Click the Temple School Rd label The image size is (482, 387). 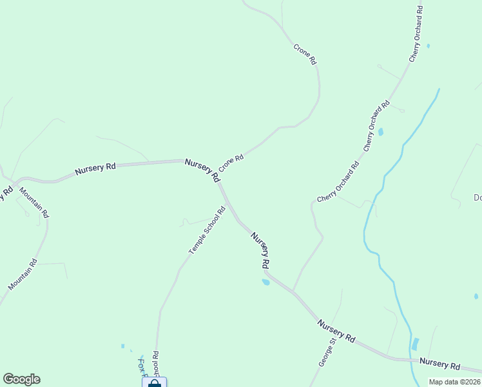207,230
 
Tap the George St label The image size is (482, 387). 327,352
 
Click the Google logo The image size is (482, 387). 21,379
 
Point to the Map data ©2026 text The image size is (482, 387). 454,382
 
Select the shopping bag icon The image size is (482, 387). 154,383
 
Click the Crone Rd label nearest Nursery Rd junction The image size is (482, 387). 231,162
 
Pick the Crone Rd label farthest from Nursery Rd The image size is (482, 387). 305,53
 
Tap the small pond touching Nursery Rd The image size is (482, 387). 265,282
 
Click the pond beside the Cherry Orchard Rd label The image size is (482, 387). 380,132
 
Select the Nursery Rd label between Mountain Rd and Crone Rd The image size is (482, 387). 95,169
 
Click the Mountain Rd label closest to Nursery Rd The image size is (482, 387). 34,203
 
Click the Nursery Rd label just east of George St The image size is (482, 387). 336,330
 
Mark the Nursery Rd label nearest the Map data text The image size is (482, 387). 439,364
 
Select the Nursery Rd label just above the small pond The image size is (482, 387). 260,251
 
